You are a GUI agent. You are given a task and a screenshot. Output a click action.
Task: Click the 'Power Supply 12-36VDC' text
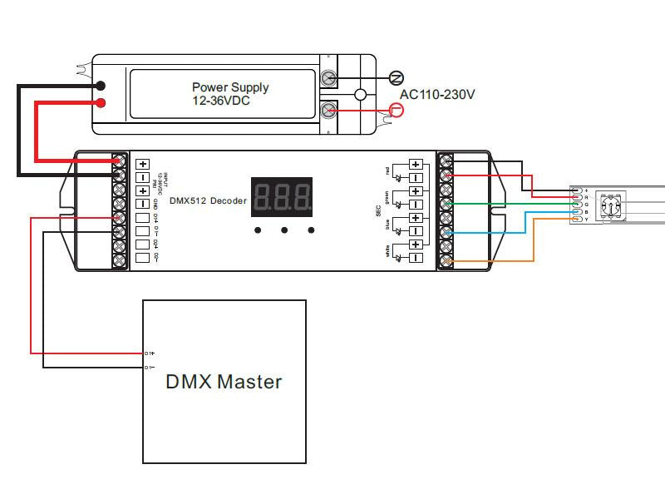[230, 93]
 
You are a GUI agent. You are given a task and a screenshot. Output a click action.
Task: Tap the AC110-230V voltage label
[437, 95]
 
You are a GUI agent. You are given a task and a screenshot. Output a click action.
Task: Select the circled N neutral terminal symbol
[397, 78]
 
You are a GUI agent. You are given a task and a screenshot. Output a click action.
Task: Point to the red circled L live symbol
[397, 110]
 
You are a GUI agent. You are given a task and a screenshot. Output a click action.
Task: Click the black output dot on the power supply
[101, 86]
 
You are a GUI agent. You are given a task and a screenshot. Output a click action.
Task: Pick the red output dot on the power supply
[101, 103]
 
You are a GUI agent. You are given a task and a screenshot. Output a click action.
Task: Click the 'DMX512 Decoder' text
[206, 201]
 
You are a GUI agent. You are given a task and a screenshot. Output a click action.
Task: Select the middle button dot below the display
[284, 230]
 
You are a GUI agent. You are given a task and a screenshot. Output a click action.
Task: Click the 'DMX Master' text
[224, 382]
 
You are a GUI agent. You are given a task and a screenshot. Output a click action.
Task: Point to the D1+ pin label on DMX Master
[150, 353]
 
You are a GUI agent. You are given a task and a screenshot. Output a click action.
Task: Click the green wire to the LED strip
[507, 204]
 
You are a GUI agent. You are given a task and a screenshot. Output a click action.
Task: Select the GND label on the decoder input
[156, 204]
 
